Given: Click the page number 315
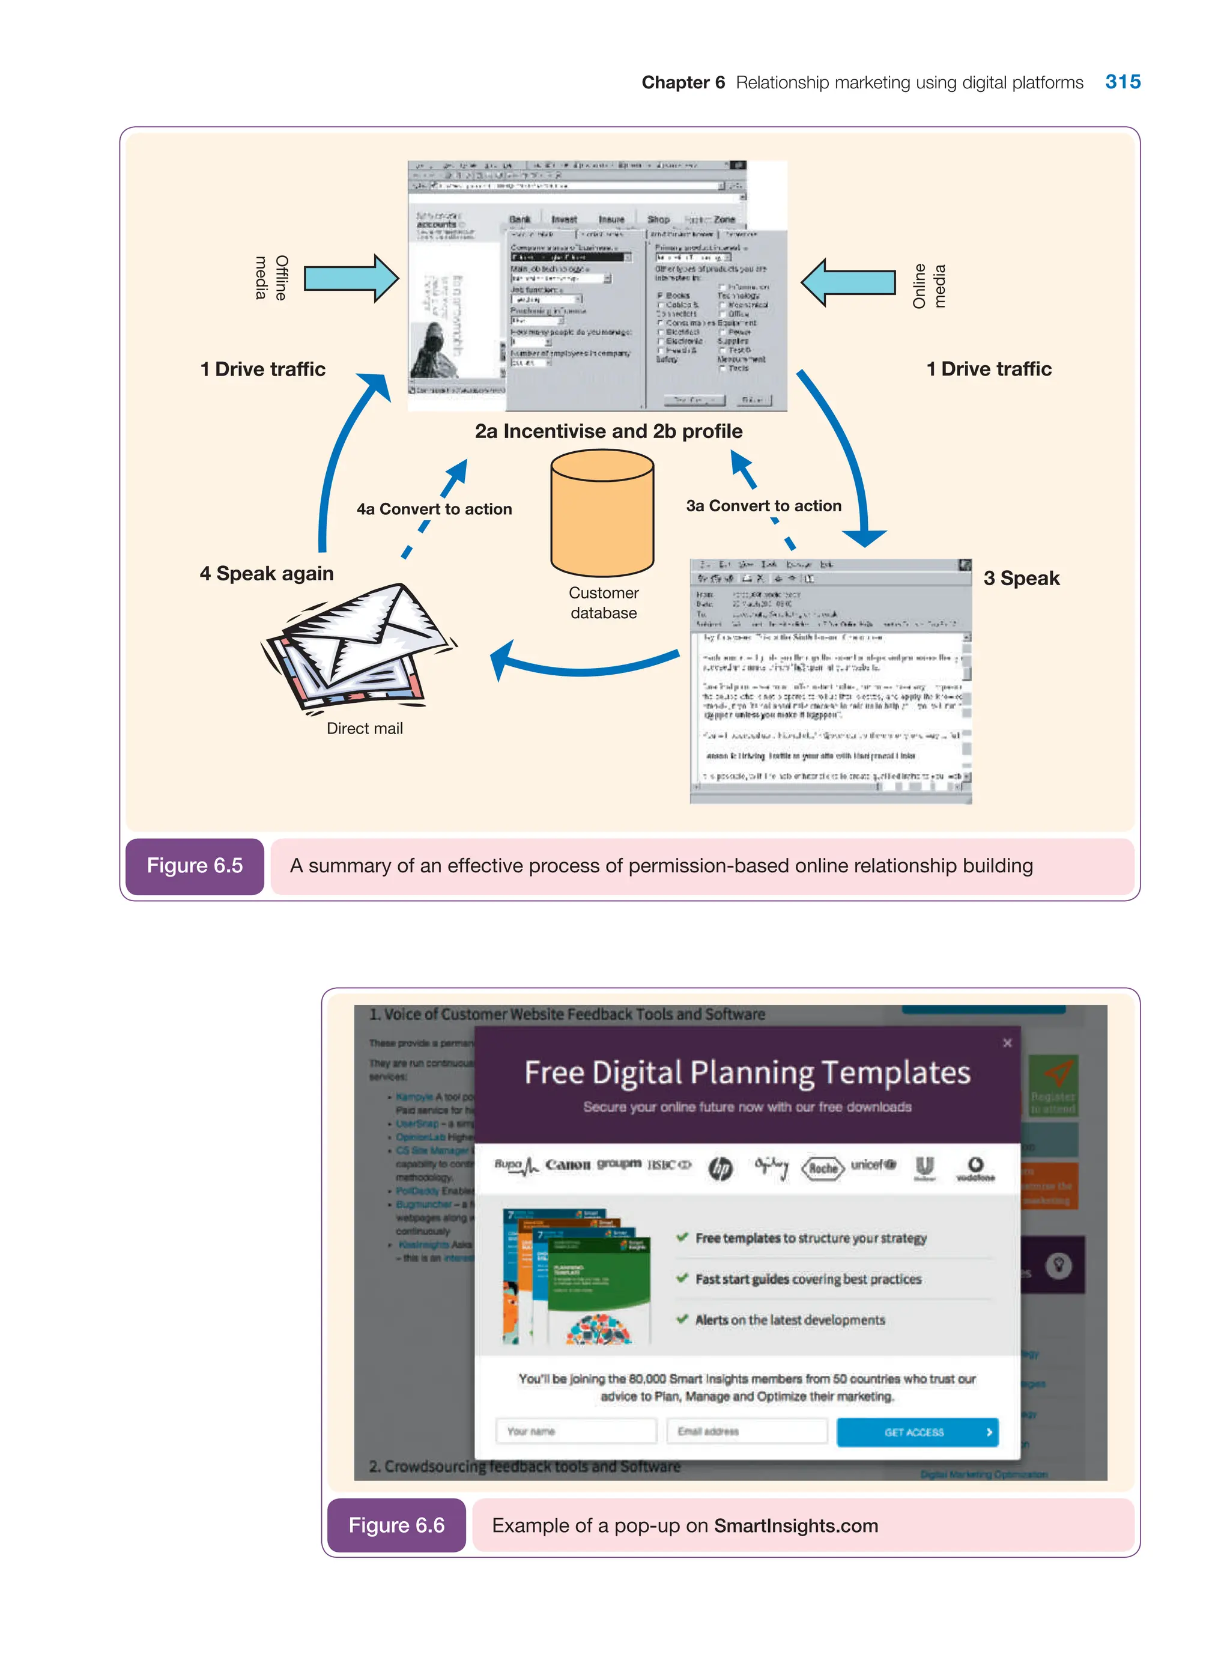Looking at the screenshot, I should [x=1122, y=82].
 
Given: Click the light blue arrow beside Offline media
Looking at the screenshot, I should [x=351, y=279].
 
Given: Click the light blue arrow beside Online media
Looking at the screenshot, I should [x=848, y=282].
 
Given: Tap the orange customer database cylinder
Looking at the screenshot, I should [x=602, y=513].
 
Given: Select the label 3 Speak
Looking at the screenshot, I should [x=1021, y=578].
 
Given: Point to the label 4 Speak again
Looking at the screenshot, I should [x=267, y=574].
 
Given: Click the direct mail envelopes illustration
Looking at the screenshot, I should [x=357, y=646].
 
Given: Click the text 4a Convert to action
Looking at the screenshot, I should [x=434, y=509].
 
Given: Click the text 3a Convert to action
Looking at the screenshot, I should [x=763, y=506].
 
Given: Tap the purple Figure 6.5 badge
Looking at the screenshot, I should [x=195, y=865].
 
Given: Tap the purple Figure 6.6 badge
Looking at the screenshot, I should [x=396, y=1525].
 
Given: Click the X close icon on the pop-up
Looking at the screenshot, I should [x=1007, y=1043].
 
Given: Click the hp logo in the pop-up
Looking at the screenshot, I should [x=720, y=1168].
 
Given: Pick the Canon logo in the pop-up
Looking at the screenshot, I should [x=568, y=1165].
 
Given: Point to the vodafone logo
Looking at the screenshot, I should [x=975, y=1168].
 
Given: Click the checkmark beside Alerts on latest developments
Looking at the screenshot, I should [x=681, y=1318].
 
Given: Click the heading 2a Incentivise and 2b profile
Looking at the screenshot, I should [x=608, y=431].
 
